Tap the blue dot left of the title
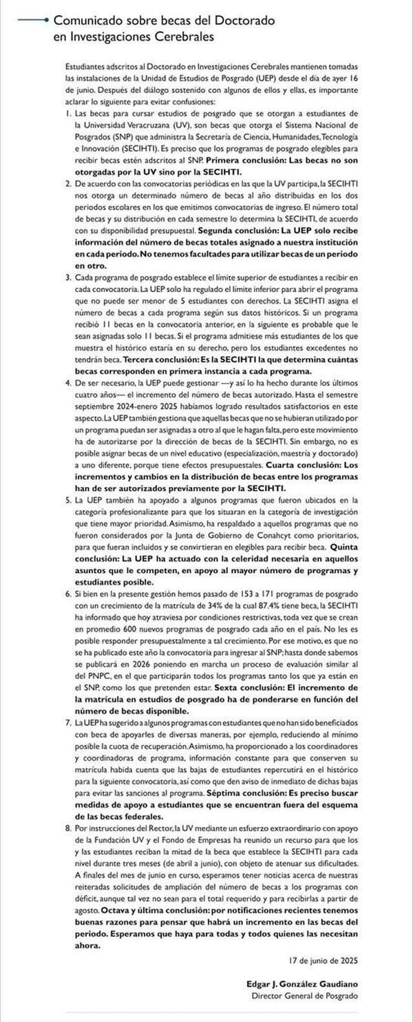[x=45, y=21]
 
